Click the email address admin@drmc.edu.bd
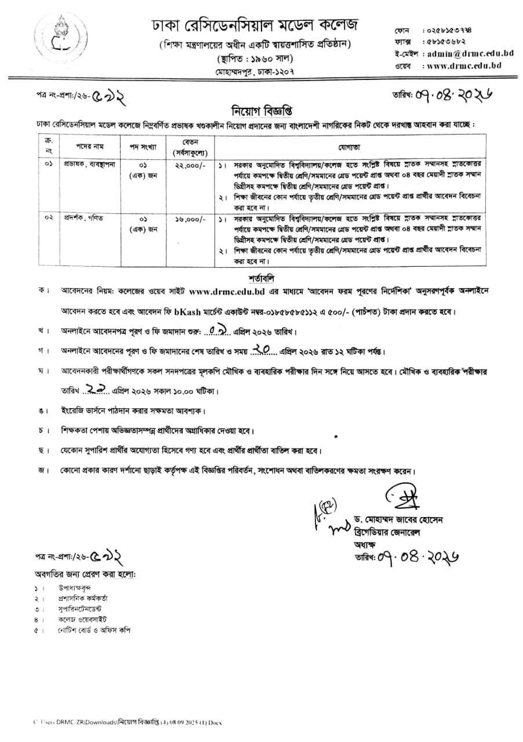470,53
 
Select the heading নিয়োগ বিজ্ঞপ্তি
261,110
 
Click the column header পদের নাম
89,146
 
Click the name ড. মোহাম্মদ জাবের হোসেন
398,521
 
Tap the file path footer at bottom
128,722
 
